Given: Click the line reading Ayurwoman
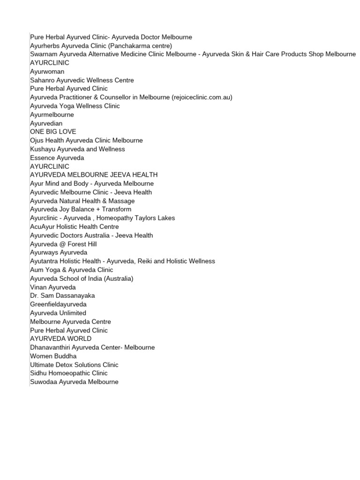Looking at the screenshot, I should pyautogui.click(x=47, y=72).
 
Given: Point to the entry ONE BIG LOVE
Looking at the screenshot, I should pyautogui.click(x=53, y=132).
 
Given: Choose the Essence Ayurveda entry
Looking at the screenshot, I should pyautogui.click(x=57, y=158).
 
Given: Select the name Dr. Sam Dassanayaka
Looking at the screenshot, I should pyautogui.click(x=62, y=296).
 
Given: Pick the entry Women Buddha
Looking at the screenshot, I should pyautogui.click(x=53, y=356).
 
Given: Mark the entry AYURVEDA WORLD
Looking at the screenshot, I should pyautogui.click(x=61, y=339).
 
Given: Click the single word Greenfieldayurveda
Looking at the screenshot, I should pyautogui.click(x=59, y=304).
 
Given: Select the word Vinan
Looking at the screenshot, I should pyautogui.click(x=39, y=287).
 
